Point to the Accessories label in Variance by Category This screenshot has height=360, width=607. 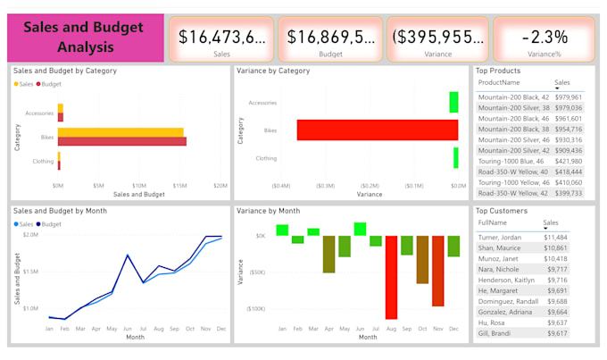[x=262, y=103]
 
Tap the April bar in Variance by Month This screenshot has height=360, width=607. [x=328, y=254]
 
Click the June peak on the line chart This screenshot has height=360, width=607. [x=128, y=255]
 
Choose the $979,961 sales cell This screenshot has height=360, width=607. [x=568, y=97]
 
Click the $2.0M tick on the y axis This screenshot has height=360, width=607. [x=29, y=235]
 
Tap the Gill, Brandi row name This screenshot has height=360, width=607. [x=494, y=333]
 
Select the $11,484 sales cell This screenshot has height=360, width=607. [x=555, y=237]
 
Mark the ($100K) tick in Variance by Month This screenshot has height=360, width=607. [x=254, y=309]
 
